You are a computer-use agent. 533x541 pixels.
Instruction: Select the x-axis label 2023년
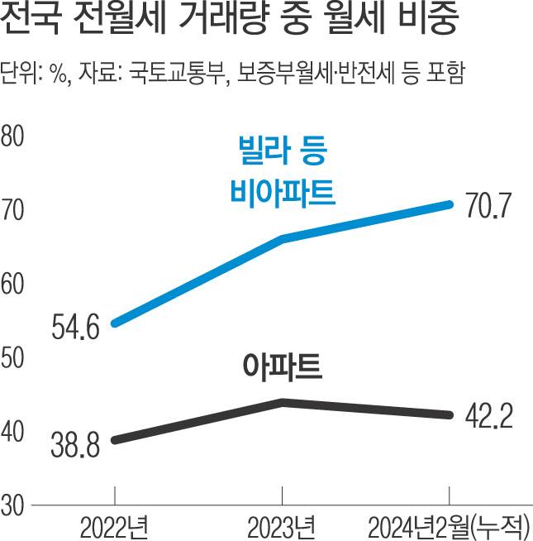[282, 525]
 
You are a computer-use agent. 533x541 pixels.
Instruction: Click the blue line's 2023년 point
[282, 239]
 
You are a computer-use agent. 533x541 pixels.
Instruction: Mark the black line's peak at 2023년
[282, 402]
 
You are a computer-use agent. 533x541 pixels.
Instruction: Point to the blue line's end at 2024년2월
[450, 203]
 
